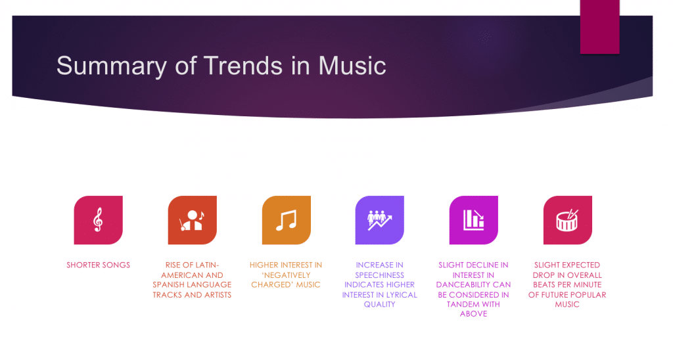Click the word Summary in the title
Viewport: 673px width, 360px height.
click(x=111, y=66)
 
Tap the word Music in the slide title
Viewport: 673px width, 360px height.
click(x=352, y=66)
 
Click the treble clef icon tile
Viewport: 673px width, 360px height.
click(x=99, y=220)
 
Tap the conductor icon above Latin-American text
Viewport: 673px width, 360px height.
click(x=193, y=220)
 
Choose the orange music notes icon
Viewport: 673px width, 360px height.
click(x=287, y=220)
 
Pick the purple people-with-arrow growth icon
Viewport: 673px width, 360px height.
click(x=380, y=220)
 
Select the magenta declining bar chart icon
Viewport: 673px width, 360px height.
click(x=474, y=220)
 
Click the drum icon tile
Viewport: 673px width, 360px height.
click(x=568, y=220)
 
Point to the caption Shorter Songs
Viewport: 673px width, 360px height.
click(x=99, y=265)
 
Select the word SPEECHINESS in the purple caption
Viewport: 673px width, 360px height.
click(x=379, y=275)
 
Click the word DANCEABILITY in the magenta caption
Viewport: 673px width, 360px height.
click(x=464, y=285)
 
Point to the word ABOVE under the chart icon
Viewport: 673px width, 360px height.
click(x=473, y=314)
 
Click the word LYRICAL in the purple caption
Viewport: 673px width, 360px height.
click(x=401, y=295)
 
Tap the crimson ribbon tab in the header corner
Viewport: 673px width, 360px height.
click(x=599, y=26)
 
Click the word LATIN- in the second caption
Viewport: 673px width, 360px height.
click(x=205, y=265)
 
